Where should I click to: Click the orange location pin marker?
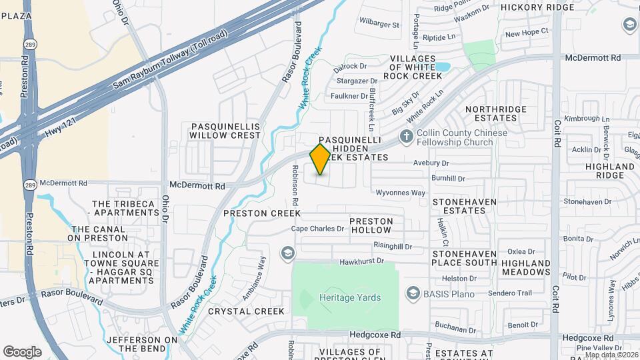321,159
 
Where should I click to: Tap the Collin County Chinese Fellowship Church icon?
406,137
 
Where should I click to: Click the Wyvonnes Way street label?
401,193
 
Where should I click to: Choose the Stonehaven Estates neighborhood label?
468,205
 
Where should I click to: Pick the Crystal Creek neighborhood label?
246,311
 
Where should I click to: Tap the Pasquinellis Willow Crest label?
225,130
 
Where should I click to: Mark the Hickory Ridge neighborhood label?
537,7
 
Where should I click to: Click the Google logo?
22,351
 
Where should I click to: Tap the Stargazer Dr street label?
355,81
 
